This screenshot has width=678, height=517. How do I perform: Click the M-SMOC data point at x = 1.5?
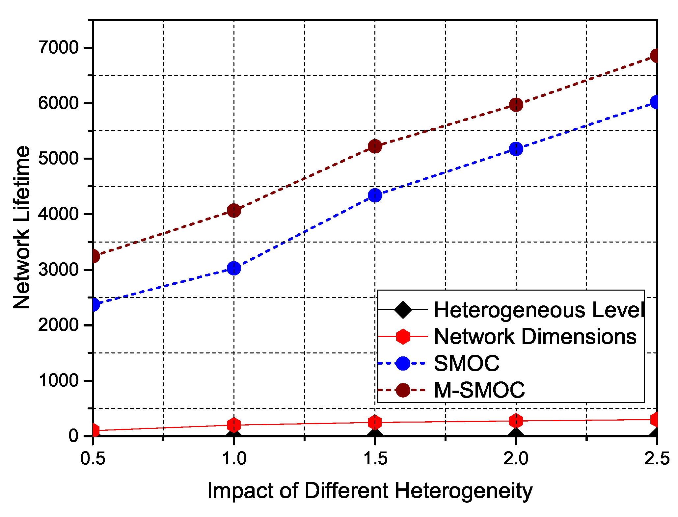(375, 146)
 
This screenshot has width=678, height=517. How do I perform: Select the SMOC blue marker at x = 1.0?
(234, 269)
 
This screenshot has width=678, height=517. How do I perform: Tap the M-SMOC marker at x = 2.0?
(516, 105)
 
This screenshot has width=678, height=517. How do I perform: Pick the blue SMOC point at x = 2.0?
(516, 149)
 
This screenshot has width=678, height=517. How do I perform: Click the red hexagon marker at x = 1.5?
(375, 422)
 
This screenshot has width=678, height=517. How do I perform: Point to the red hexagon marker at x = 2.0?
(516, 420)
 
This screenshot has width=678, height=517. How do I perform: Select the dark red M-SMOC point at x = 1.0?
(234, 210)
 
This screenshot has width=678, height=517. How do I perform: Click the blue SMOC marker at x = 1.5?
(375, 195)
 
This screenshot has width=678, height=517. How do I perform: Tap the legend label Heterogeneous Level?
(539, 310)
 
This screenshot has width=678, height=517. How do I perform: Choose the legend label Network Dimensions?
(535, 337)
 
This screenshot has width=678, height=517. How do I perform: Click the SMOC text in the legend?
(466, 363)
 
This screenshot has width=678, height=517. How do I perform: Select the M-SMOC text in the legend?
(479, 390)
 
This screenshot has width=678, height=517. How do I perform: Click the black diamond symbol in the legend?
(403, 310)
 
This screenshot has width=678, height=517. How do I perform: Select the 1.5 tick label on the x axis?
(375, 458)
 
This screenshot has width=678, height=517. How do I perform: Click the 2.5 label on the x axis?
(656, 458)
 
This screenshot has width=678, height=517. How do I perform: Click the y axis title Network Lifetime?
(22, 227)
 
